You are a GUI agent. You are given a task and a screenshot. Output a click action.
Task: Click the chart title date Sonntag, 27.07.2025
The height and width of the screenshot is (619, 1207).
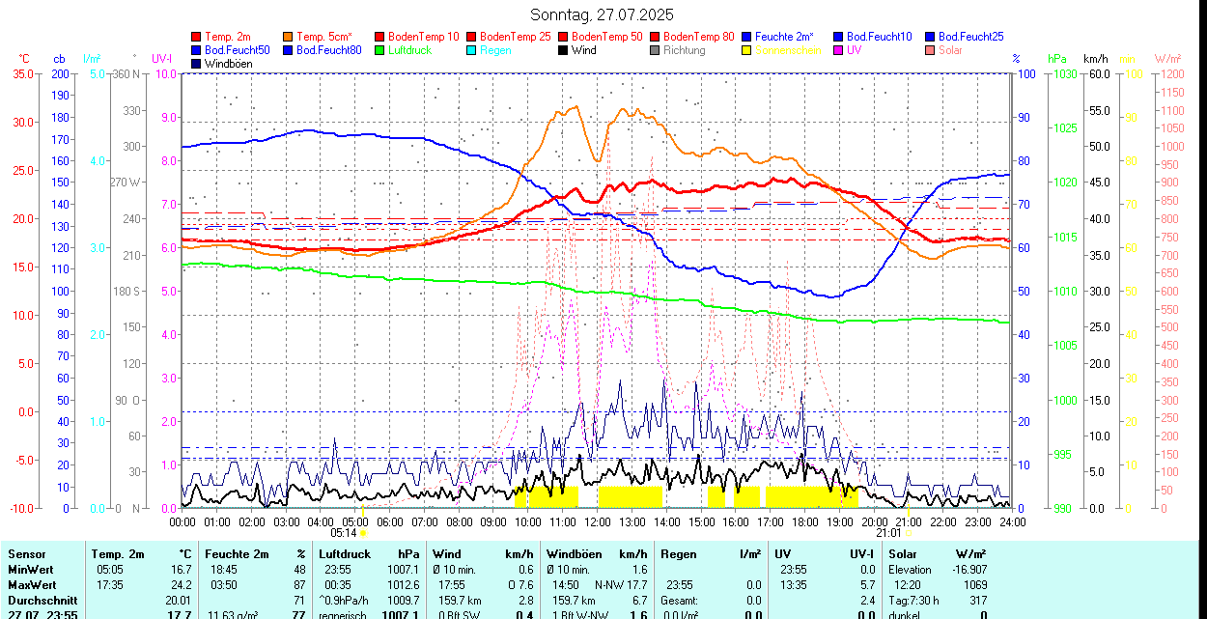tap(602, 14)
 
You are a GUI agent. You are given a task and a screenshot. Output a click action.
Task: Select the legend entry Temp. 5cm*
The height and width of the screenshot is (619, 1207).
tap(323, 37)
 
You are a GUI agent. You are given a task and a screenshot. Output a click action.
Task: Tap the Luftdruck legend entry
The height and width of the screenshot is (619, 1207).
tap(409, 50)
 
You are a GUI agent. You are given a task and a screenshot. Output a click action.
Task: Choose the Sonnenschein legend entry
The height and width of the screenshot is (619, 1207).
tap(788, 50)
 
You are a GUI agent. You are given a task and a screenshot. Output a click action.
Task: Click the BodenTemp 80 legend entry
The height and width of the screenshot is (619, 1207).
tap(699, 37)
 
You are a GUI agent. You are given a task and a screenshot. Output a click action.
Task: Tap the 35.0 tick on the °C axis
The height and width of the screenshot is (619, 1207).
tap(20, 73)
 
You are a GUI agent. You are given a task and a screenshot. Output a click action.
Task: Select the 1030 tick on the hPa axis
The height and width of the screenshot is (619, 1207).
tap(1064, 73)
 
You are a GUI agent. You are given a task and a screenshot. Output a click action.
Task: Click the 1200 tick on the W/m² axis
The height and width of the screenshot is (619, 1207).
tap(1170, 73)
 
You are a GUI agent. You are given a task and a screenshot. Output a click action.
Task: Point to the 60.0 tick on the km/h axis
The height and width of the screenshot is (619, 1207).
tap(1099, 73)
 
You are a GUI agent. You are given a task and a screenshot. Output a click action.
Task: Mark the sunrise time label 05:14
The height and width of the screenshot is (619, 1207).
tap(344, 532)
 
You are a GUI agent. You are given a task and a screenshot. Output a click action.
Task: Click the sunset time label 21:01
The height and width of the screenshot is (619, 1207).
tap(889, 532)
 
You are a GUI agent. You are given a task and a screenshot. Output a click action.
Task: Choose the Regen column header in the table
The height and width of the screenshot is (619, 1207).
tap(679, 554)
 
